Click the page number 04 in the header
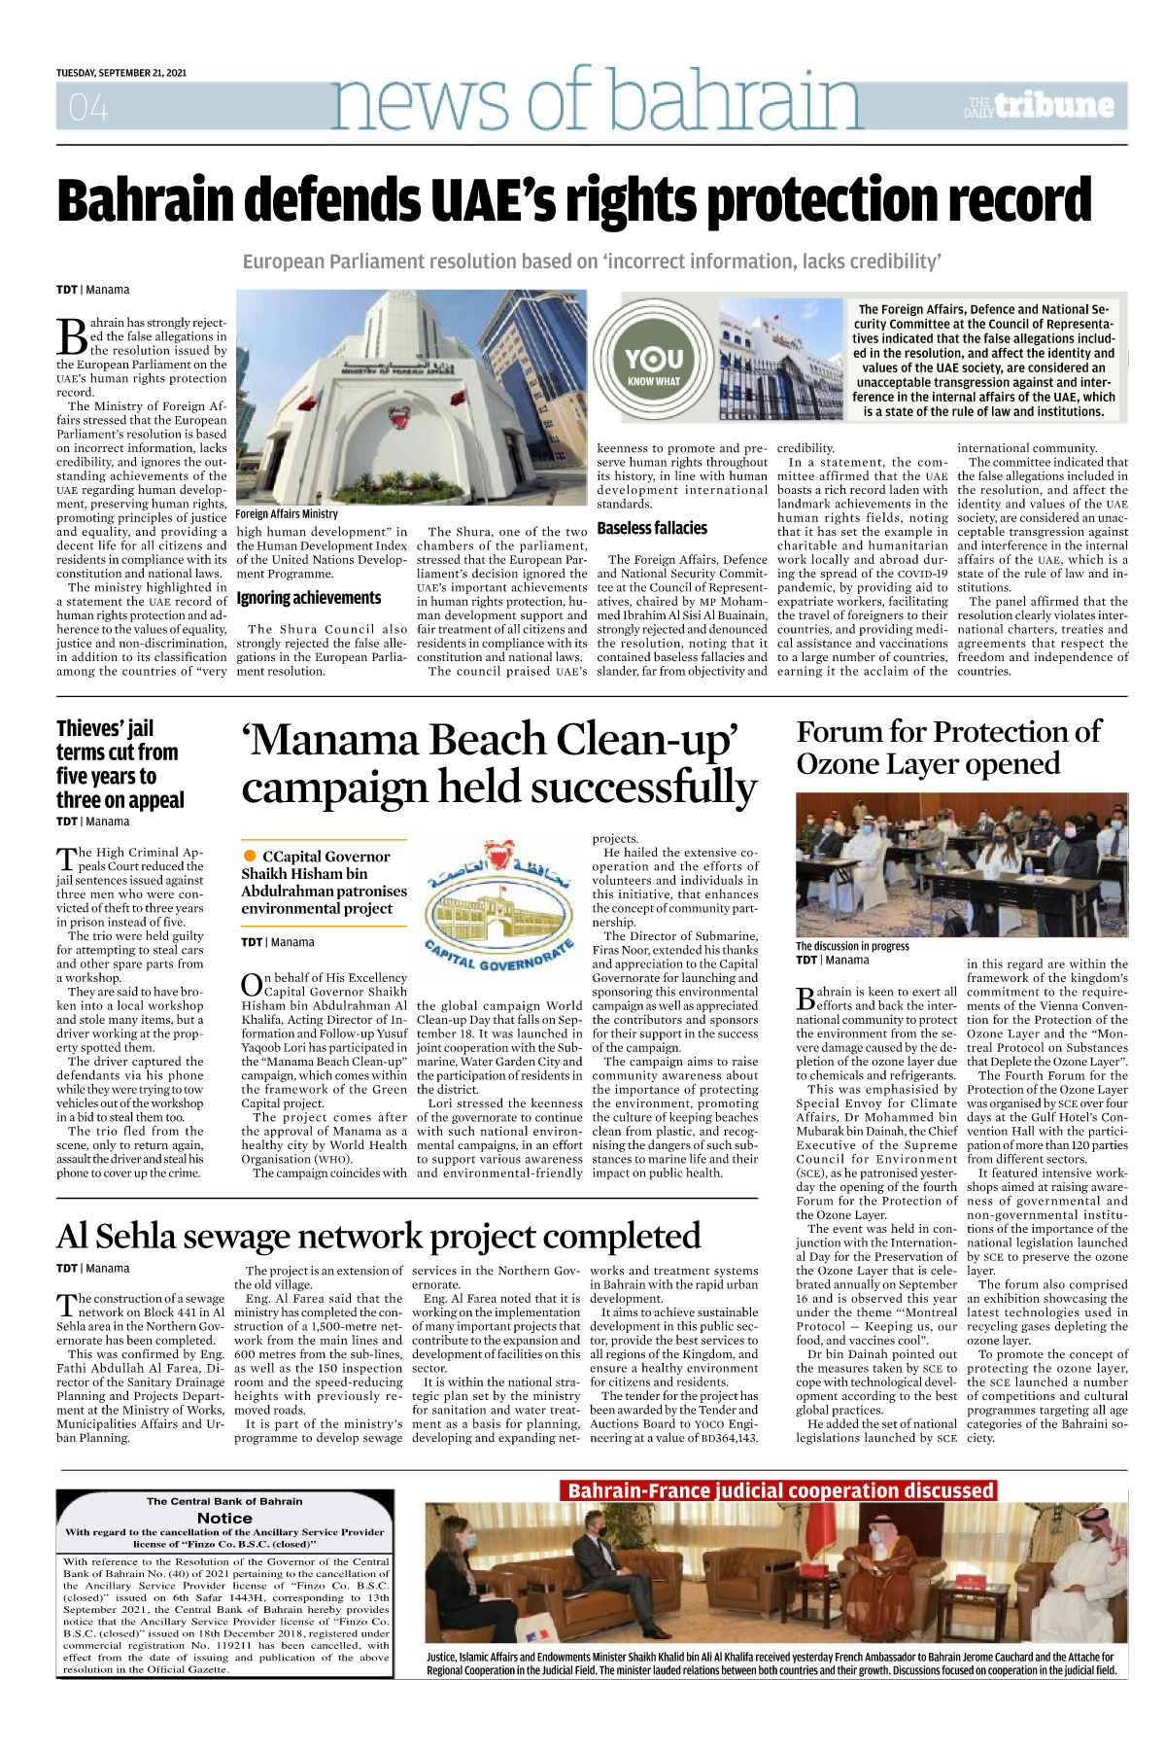coord(88,107)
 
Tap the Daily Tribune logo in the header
coord(1040,105)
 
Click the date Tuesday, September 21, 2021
coord(121,73)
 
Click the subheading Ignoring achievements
coord(308,598)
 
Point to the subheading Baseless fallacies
coord(652,528)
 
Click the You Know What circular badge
coord(653,365)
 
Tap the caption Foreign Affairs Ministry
coord(287,513)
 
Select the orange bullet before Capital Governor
coord(250,856)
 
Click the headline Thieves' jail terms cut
coord(119,764)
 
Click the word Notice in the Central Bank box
coord(224,1518)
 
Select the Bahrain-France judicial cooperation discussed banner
coord(780,1490)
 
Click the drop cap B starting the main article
coord(72,336)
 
